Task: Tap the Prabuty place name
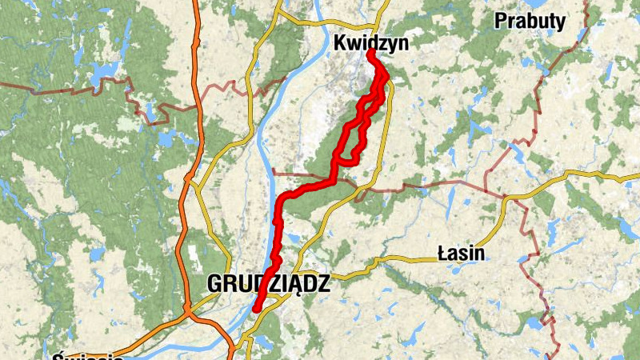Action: pos(530,21)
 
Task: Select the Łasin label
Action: pos(462,254)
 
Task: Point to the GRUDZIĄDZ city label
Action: pos(268,284)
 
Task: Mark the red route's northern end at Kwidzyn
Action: pos(371,53)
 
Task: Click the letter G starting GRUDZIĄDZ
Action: pos(214,284)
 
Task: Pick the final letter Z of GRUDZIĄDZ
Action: pos(322,284)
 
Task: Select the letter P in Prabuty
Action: pos(500,21)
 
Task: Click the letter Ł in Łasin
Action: pos(442,254)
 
